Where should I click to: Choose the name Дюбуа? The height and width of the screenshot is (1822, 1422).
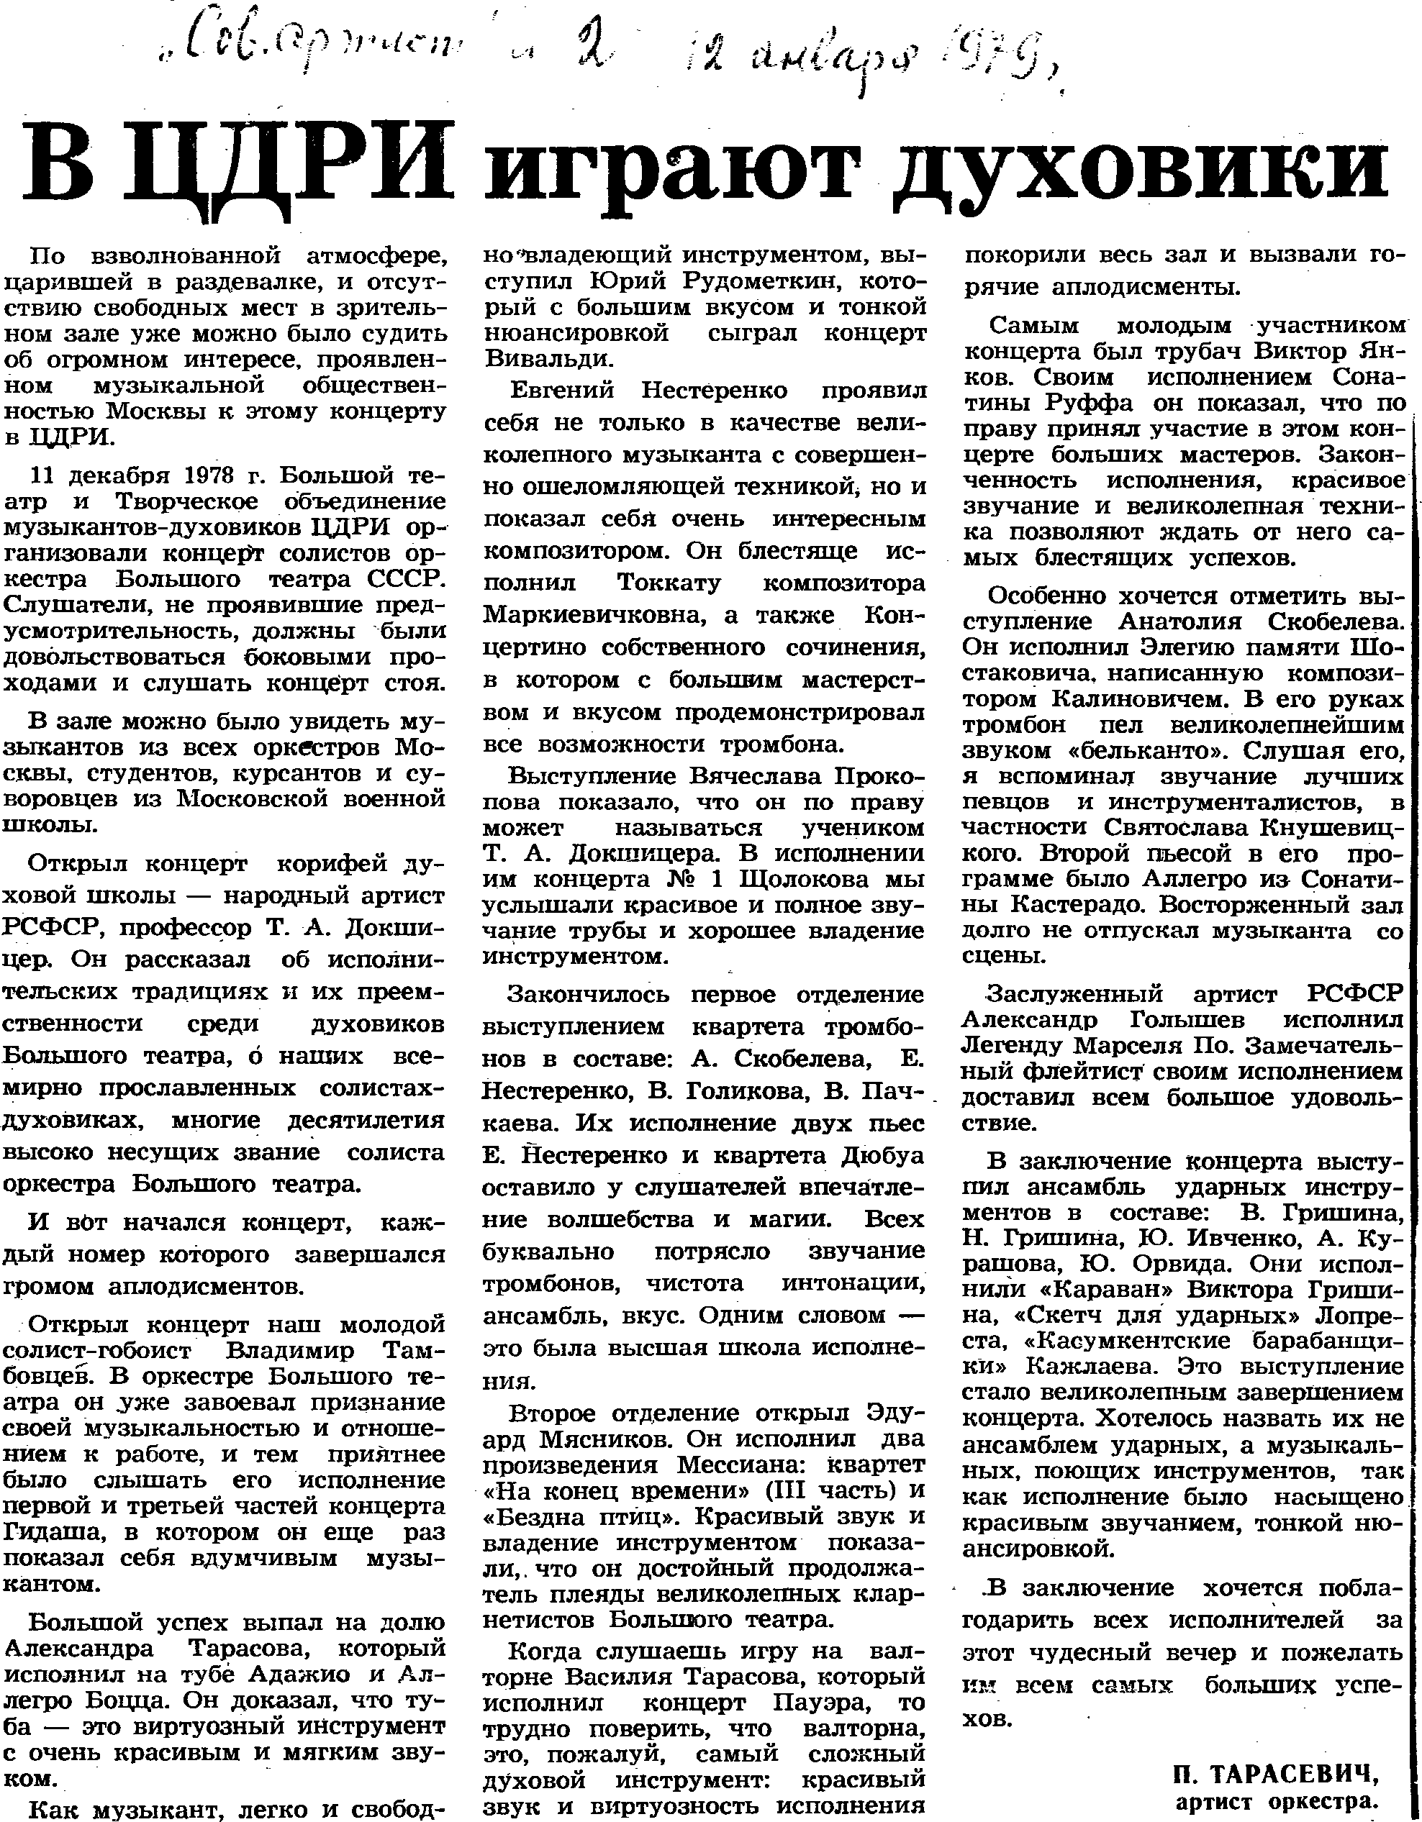tap(884, 1155)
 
